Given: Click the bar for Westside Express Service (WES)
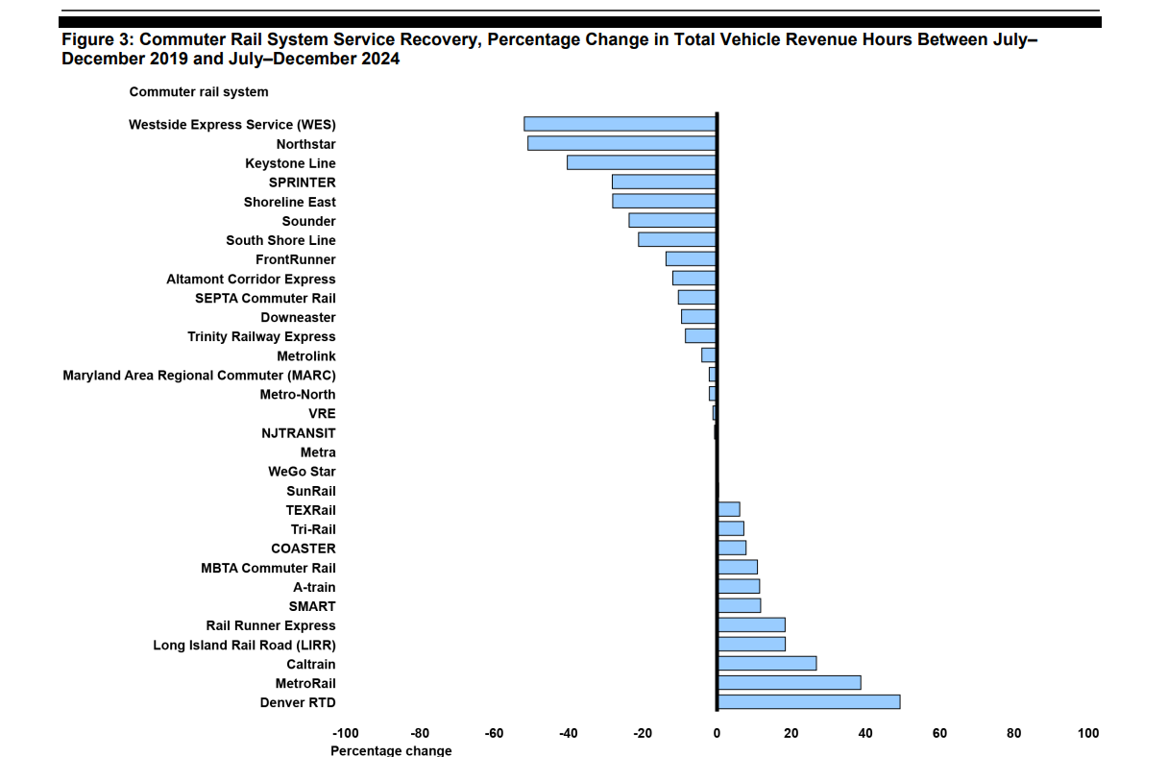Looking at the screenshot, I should click(620, 124).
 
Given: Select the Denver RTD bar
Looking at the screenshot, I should click(809, 702).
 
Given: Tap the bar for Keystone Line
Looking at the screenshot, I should click(642, 162).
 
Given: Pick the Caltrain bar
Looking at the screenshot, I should click(766, 664).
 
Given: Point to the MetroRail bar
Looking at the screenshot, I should click(789, 683).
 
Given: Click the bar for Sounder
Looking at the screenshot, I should click(672, 220).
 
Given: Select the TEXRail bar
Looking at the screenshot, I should click(729, 509).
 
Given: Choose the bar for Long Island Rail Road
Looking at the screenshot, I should click(751, 645).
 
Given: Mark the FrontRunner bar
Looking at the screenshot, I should click(691, 258).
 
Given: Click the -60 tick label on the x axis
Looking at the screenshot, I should click(494, 734).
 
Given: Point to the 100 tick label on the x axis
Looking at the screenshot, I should click(1087, 734).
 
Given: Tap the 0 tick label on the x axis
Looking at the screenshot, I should click(717, 734).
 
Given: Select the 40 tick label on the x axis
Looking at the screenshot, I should click(865, 734).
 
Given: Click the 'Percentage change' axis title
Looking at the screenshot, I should click(391, 750).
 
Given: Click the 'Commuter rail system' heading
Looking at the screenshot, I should click(199, 92).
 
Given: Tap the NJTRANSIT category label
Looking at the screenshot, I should click(299, 433).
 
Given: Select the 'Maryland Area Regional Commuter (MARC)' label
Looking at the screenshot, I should click(199, 376).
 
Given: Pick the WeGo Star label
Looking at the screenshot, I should click(302, 472).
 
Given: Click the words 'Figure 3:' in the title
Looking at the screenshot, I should click(98, 40).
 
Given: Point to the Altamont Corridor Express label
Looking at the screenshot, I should click(251, 280).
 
